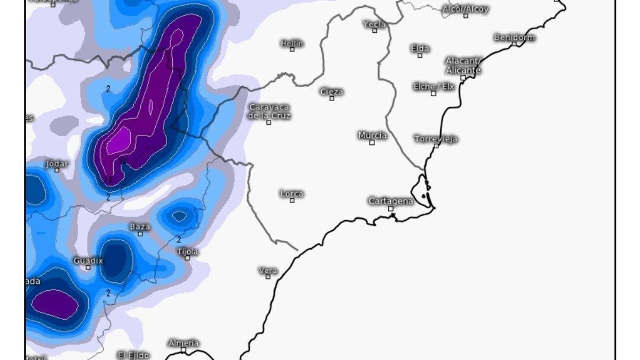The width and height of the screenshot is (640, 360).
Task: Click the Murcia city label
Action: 372,135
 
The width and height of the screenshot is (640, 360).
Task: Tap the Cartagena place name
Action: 390,201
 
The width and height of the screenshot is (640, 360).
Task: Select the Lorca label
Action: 292,194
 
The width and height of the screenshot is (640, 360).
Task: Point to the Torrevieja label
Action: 436,139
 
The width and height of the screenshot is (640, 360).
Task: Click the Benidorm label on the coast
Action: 514,38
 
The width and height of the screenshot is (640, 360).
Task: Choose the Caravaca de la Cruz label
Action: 269,111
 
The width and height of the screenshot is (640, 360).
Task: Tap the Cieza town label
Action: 332,92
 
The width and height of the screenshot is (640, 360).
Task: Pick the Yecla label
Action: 375,24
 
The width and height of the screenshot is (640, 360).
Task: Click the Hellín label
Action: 292,43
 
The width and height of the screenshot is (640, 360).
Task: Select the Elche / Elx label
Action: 434,86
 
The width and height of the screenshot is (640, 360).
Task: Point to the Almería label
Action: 184,343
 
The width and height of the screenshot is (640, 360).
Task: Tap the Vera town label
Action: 268,270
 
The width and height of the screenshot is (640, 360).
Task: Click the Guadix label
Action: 88,261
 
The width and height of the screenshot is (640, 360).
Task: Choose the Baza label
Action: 140,226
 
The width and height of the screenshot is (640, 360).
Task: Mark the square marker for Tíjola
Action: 187,258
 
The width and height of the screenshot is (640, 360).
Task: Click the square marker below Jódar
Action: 57,170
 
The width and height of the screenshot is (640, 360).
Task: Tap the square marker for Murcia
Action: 372,142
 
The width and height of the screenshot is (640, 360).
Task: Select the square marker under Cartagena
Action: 390,208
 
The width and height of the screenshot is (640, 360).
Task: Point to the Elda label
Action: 420,48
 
